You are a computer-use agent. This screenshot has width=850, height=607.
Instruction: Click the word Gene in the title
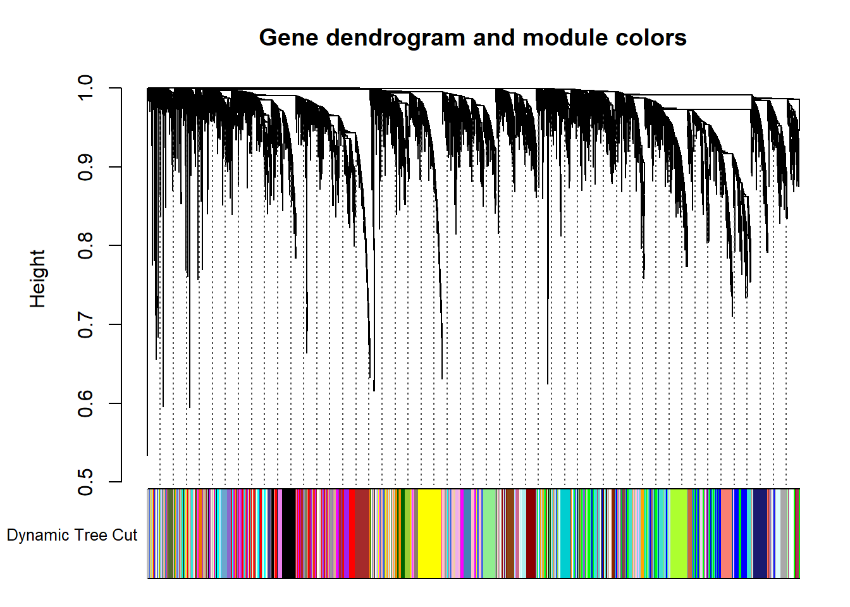(288, 38)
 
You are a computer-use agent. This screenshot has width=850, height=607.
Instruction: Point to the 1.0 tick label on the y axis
(85, 88)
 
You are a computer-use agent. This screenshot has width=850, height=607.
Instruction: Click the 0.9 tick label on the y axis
(85, 167)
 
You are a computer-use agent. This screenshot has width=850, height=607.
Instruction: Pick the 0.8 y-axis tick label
(85, 246)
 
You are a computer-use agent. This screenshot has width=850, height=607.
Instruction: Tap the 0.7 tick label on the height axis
(85, 325)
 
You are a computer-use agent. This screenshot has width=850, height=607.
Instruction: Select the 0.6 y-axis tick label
(85, 403)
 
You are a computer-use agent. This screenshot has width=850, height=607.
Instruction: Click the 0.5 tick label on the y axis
(85, 482)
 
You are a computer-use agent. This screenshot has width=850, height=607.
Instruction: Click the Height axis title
(38, 279)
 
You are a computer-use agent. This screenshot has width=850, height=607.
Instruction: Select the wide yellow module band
(429, 534)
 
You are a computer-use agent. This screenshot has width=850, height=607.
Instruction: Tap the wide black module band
(289, 534)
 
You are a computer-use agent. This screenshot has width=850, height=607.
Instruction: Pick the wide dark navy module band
(760, 534)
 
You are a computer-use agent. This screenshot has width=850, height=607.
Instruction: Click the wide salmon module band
(727, 534)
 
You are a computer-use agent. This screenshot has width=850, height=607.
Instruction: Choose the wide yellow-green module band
(679, 534)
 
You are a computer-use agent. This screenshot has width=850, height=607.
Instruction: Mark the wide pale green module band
(490, 534)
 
